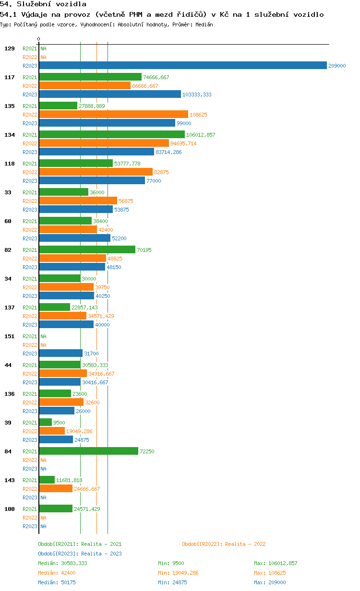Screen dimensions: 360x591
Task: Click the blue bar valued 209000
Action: [x=183, y=65]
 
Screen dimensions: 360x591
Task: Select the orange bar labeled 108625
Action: [x=114, y=114]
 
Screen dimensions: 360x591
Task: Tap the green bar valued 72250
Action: [x=89, y=451]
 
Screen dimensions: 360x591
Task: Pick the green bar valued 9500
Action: [x=46, y=423]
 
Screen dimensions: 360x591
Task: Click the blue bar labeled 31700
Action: [x=61, y=353]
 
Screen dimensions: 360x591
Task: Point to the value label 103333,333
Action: [x=197, y=95]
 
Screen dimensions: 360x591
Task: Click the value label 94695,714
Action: [x=183, y=143]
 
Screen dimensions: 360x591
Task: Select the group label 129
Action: [x=10, y=48]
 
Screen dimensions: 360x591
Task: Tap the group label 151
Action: [x=10, y=336]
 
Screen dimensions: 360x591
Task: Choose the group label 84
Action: [x=8, y=451]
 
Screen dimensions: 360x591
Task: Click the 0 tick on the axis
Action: [x=38, y=39]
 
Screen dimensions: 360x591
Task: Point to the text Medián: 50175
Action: [x=57, y=582]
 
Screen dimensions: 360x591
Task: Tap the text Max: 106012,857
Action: [x=276, y=563]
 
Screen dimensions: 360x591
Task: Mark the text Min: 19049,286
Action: [x=178, y=573]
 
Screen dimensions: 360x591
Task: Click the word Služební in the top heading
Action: [x=34, y=4]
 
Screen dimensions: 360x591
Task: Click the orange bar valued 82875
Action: [x=96, y=172]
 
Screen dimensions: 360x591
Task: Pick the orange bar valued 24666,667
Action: [x=56, y=488]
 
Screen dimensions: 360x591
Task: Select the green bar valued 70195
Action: [x=87, y=249]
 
